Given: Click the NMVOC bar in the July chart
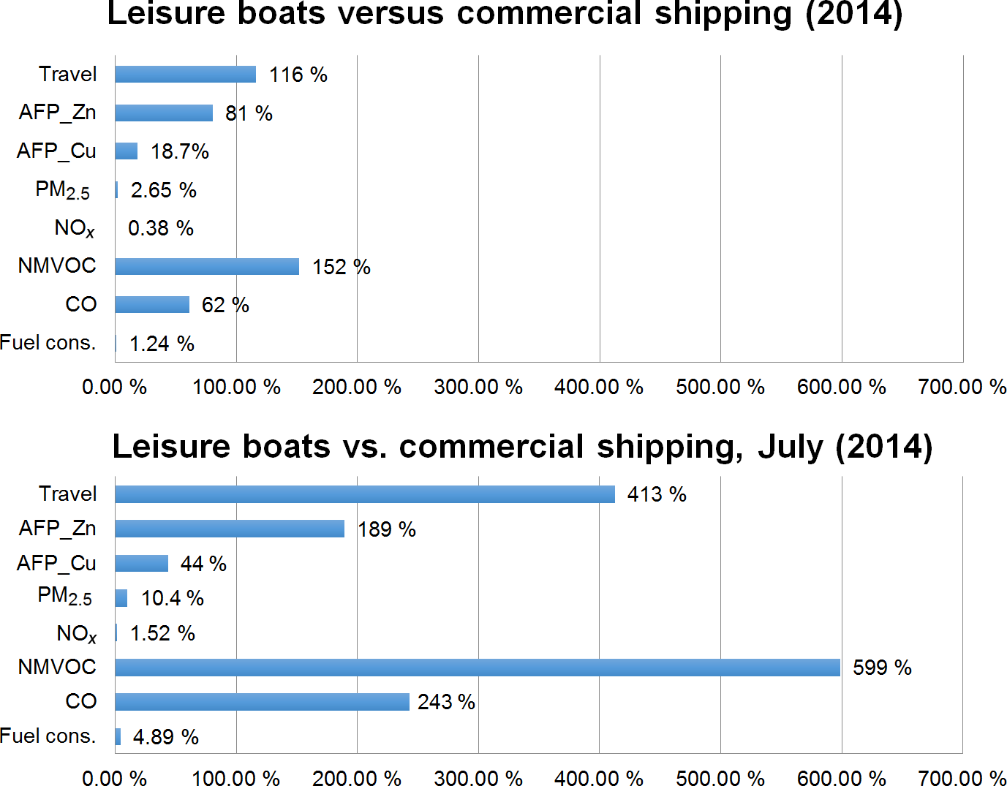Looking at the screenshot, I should (x=477, y=667).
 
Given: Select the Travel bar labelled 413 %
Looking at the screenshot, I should (x=364, y=494).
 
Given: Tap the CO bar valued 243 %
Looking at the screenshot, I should (x=262, y=702).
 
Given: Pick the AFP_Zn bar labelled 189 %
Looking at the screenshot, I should (x=229, y=529).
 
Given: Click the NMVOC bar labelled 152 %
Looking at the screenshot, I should (x=206, y=266).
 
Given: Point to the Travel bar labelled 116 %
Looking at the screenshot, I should (x=185, y=75).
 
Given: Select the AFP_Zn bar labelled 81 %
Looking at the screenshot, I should (x=163, y=113).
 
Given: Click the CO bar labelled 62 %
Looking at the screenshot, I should (x=151, y=304).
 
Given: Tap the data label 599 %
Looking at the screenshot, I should (x=882, y=668).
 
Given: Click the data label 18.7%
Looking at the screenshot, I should (x=180, y=151).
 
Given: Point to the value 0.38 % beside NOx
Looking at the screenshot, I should (x=161, y=228).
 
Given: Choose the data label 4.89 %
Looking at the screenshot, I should (x=166, y=736).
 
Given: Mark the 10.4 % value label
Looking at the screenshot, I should (x=173, y=598).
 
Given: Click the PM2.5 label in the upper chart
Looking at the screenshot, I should (x=63, y=190).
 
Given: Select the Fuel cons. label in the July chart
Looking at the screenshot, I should (x=48, y=736).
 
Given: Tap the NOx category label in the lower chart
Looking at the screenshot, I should (x=76, y=633).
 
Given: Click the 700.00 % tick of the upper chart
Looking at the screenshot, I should (x=962, y=387).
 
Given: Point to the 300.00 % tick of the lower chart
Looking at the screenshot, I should (x=478, y=778).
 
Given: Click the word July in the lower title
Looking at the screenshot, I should (x=790, y=447).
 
